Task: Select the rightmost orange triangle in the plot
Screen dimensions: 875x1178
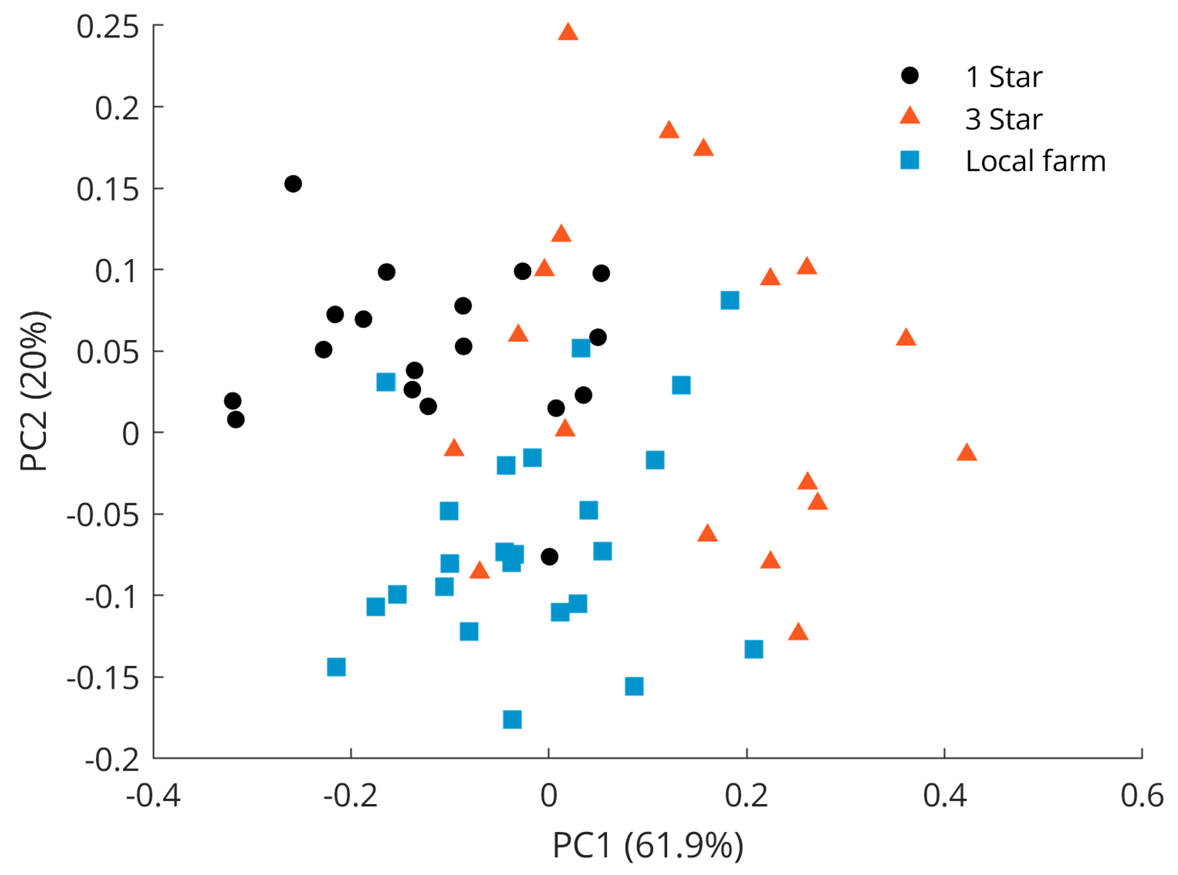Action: pyautogui.click(x=967, y=453)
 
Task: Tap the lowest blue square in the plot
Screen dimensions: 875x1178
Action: pyautogui.click(x=512, y=719)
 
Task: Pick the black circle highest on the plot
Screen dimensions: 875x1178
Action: pyautogui.click(x=293, y=184)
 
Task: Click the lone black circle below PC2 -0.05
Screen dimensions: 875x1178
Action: pyautogui.click(x=549, y=557)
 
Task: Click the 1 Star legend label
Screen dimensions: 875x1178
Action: pyautogui.click(x=1003, y=77)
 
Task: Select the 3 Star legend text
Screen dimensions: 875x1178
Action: pyautogui.click(x=1003, y=119)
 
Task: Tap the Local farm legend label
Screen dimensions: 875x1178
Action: pyautogui.click(x=1035, y=161)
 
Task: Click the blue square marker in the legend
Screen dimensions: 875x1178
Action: pyautogui.click(x=910, y=160)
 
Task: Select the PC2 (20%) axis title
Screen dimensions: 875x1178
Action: pyautogui.click(x=35, y=391)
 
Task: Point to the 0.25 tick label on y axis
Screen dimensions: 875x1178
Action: pyautogui.click(x=108, y=26)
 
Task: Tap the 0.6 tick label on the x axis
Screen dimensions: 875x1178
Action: pyautogui.click(x=1141, y=796)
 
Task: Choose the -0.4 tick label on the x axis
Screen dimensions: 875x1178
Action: pyautogui.click(x=153, y=796)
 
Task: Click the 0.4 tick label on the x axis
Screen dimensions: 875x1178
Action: pyautogui.click(x=944, y=796)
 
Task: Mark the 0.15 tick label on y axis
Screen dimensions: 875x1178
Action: pyautogui.click(x=108, y=189)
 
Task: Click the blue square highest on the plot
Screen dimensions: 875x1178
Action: pyautogui.click(x=730, y=300)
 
